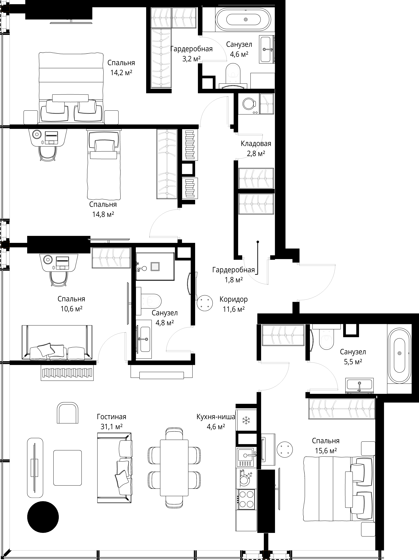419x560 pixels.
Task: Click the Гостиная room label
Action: click(x=111, y=416)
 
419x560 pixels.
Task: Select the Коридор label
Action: click(x=233, y=299)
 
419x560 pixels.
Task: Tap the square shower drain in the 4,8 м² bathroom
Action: click(x=155, y=266)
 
